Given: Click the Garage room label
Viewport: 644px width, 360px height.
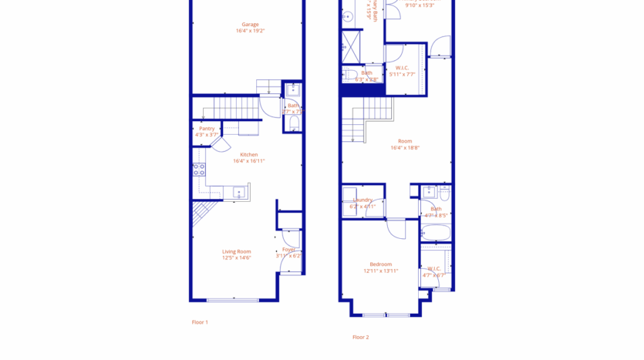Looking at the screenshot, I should click(249, 25).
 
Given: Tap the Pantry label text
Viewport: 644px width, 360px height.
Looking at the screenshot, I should click(207, 129).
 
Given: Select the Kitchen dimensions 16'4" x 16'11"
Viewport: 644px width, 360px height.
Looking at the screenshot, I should click(249, 161).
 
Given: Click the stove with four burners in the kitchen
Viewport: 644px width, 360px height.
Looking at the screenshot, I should click(199, 170).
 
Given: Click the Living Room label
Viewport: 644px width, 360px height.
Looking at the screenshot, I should click(237, 251).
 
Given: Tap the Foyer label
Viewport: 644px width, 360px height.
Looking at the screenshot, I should click(289, 250).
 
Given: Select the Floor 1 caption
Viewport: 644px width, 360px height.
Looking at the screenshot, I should click(200, 322).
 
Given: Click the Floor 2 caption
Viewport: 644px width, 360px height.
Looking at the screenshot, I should click(360, 337).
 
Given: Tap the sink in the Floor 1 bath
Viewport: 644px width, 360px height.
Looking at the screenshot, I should click(292, 89).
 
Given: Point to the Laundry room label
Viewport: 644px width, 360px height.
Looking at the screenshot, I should click(362, 200).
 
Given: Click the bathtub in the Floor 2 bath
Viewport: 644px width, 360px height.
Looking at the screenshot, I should click(436, 232).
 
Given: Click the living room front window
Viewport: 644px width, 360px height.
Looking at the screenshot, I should click(233, 300).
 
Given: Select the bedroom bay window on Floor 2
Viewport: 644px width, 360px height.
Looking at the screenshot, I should click(386, 315).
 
